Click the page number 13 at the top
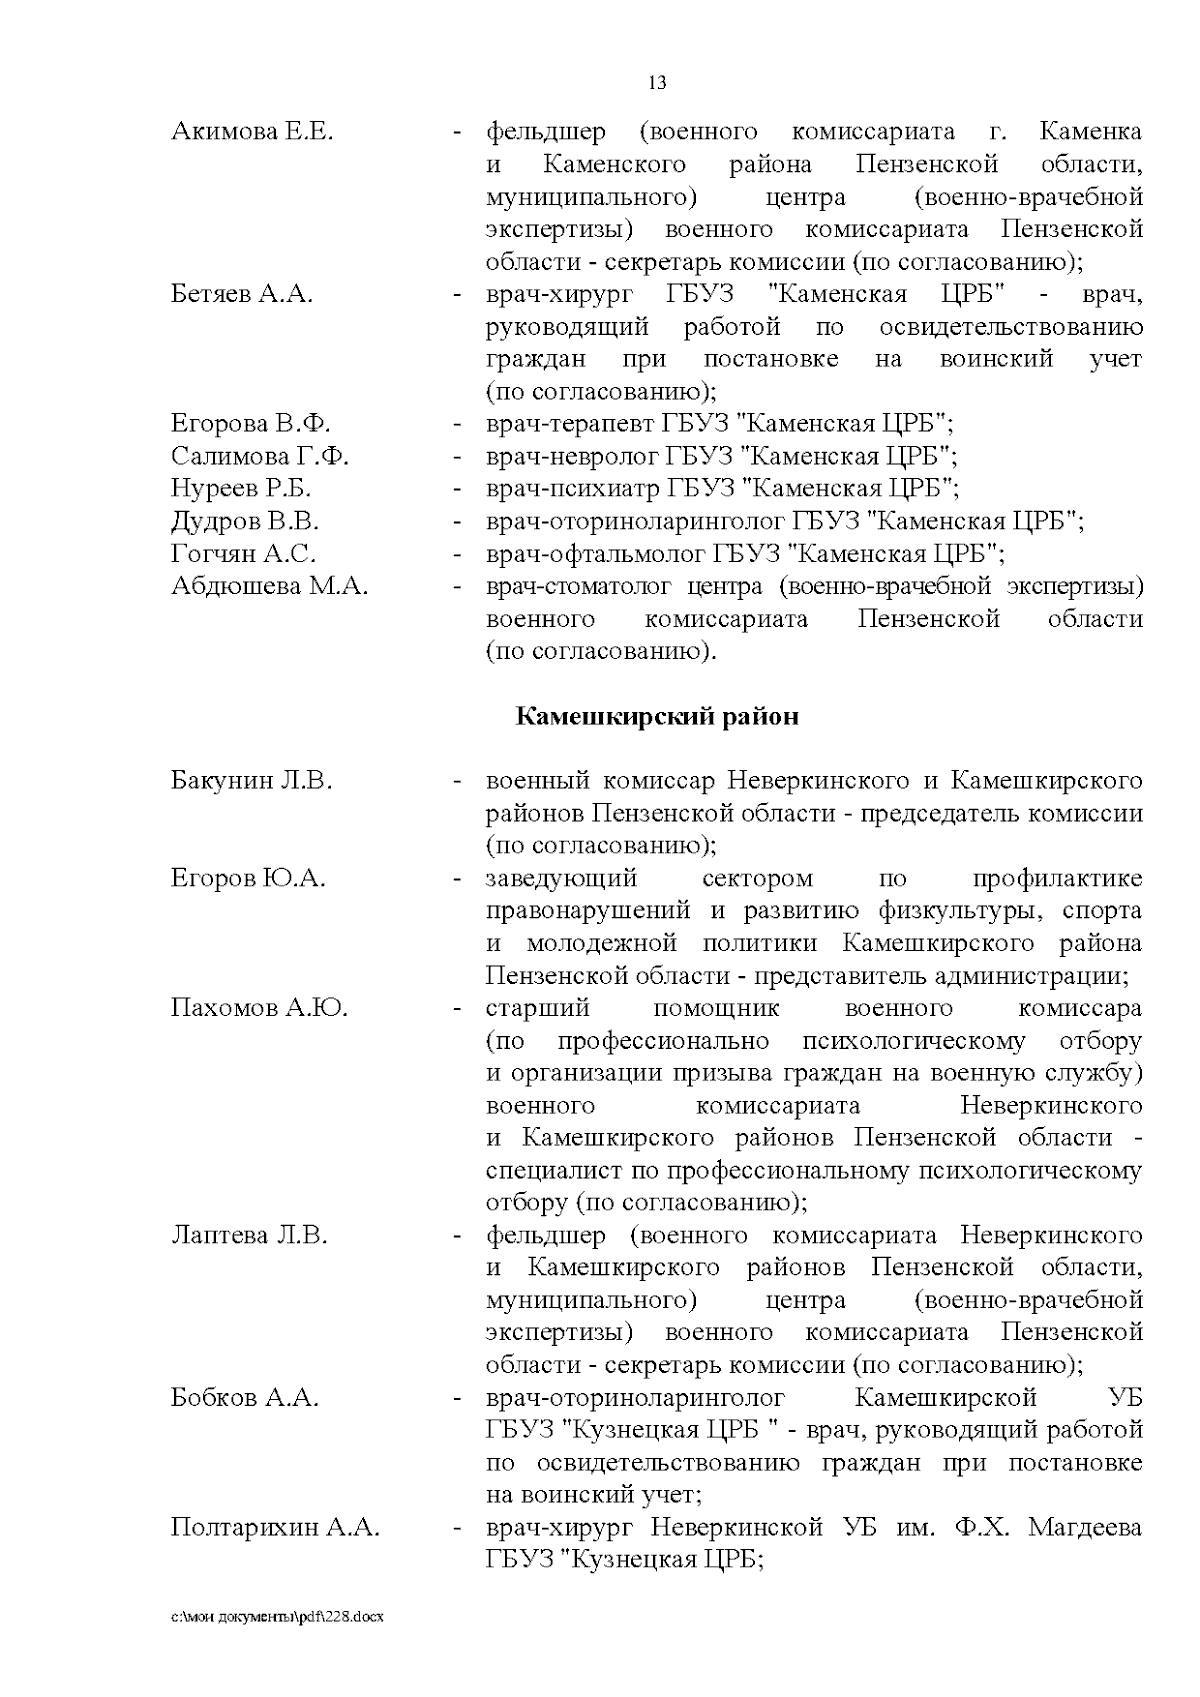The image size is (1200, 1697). tap(657, 83)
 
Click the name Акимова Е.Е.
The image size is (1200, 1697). tap(252, 132)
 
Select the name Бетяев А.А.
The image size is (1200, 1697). tap(242, 295)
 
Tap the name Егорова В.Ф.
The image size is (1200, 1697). tap(251, 424)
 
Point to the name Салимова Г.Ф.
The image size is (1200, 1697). tap(260, 457)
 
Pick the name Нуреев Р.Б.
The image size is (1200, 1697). tap(241, 489)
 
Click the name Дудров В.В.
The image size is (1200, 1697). tap(245, 522)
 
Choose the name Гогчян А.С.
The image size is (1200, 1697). tap(243, 554)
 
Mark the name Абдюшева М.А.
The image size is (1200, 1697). tap(269, 587)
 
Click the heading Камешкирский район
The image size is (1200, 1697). tap(656, 717)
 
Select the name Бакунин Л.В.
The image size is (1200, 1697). tap(251, 781)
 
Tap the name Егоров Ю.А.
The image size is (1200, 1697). tap(248, 879)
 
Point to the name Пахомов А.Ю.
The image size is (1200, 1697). tap(259, 1008)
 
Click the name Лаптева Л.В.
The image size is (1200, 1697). tap(249, 1236)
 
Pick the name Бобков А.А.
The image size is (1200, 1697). tap(244, 1398)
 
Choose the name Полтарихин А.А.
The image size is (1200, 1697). tap(275, 1528)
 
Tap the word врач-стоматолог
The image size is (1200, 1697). tap(579, 587)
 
